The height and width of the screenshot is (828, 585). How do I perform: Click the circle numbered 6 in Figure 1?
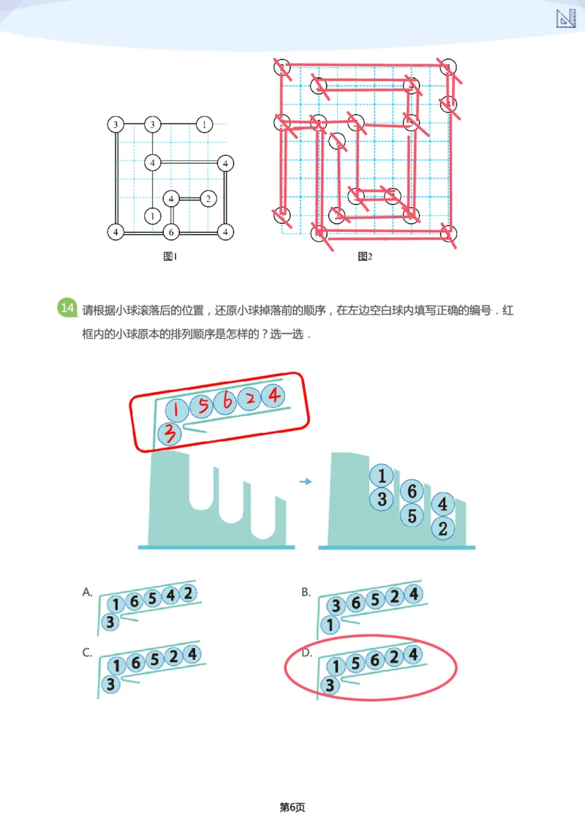click(170, 232)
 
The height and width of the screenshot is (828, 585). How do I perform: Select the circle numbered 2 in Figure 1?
click(208, 198)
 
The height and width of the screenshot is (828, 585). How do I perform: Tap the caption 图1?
click(170, 256)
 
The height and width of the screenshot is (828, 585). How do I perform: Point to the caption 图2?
click(365, 256)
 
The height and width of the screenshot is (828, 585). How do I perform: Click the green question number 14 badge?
click(67, 308)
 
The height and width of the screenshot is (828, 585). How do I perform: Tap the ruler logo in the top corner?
click(566, 19)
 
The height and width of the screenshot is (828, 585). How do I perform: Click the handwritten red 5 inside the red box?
click(203, 404)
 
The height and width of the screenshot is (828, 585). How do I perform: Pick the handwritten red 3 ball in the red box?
click(170, 434)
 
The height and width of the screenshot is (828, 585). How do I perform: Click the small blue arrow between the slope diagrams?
click(306, 481)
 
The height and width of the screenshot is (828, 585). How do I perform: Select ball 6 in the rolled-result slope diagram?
click(412, 492)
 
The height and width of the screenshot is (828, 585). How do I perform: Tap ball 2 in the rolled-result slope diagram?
click(442, 528)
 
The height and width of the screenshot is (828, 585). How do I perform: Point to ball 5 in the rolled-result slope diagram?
click(412, 516)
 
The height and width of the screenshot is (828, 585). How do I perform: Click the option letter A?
click(87, 592)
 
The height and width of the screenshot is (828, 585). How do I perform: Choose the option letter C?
click(87, 653)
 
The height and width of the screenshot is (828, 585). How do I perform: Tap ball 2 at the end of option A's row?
click(188, 592)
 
